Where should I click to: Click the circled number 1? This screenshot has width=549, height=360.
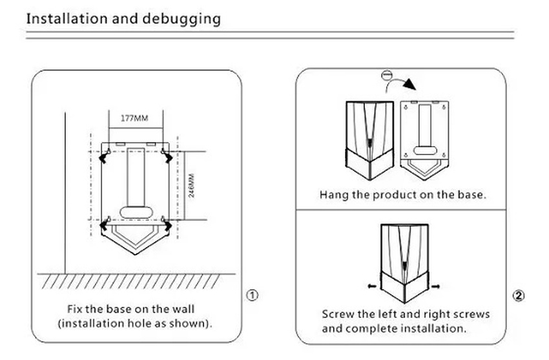(253, 295)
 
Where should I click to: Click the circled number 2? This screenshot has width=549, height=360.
(518, 295)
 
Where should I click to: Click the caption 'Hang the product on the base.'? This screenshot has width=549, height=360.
(401, 195)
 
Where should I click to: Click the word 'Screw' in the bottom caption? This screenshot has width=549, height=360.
(338, 315)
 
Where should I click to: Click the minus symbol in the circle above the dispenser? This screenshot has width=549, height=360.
(386, 74)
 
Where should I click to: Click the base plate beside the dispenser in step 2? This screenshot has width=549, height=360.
(425, 132)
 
